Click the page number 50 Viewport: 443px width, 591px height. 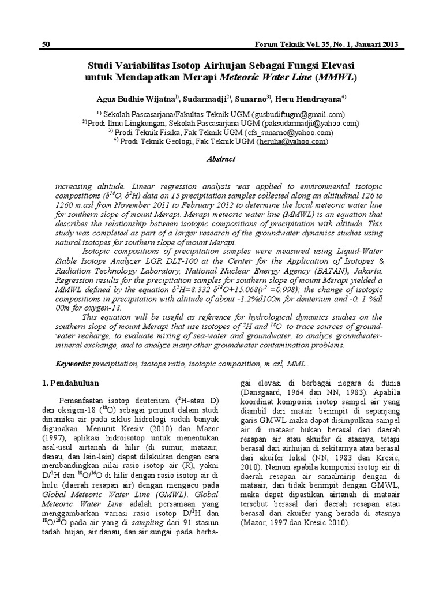tap(47, 45)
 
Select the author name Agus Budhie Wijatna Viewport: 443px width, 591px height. tap(133, 98)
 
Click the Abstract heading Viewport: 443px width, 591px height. tap(221, 159)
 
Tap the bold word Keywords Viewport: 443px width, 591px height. tap(73, 365)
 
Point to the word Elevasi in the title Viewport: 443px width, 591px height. tap(336, 62)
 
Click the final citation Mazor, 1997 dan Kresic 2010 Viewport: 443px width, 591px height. tap(294, 521)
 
